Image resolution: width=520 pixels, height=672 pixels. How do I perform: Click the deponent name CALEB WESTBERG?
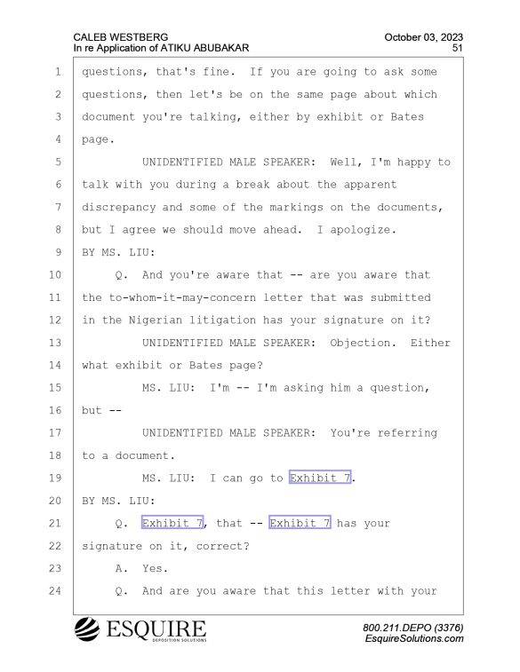pyautogui.click(x=121, y=37)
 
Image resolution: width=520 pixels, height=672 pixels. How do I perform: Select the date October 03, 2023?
pyautogui.click(x=423, y=37)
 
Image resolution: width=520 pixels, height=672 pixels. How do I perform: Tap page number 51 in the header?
pyautogui.click(x=458, y=48)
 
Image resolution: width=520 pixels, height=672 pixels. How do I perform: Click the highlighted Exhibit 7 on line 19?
pyautogui.click(x=320, y=478)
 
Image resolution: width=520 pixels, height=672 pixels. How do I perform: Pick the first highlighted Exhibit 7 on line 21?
pyautogui.click(x=172, y=523)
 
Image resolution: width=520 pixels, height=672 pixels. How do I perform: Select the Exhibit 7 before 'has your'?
pyautogui.click(x=300, y=523)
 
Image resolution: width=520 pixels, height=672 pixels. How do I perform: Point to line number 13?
pyautogui.click(x=55, y=343)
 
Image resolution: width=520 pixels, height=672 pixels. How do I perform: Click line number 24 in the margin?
pyautogui.click(x=55, y=591)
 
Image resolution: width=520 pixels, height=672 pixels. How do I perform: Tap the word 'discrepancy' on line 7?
pyautogui.click(x=119, y=208)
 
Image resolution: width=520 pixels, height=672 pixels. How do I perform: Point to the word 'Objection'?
pyautogui.click(x=360, y=343)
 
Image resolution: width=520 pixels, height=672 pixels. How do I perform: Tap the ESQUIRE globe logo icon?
pyautogui.click(x=87, y=629)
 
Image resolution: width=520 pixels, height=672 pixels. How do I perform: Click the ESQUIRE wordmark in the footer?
pyautogui.click(x=156, y=629)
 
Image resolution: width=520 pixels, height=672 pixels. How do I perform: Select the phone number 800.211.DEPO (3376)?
pyautogui.click(x=412, y=628)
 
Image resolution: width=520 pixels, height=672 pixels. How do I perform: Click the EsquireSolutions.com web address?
pyautogui.click(x=414, y=638)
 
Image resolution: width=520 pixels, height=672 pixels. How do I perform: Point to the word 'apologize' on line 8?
pyautogui.click(x=360, y=230)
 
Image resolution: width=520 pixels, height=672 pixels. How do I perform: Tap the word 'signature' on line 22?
pyautogui.click(x=112, y=547)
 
